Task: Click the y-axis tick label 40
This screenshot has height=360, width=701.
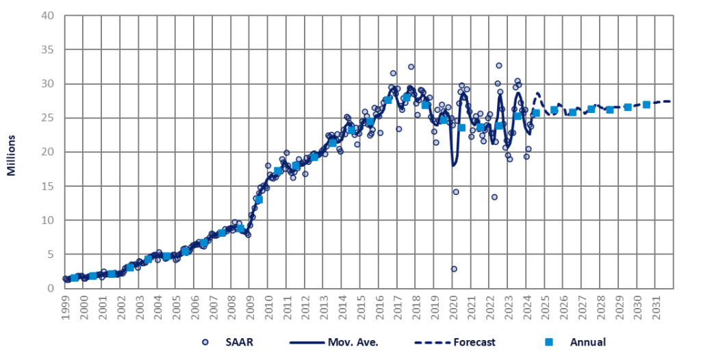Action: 49,16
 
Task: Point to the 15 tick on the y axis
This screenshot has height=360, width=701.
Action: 49,186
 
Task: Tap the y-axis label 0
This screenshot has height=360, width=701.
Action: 52,288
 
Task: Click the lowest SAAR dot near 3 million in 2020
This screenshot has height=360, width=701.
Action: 454,269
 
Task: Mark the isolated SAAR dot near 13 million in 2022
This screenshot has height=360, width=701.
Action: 494,197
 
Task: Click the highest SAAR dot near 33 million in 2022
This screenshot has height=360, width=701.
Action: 499,66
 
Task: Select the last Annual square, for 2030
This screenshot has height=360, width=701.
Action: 646,105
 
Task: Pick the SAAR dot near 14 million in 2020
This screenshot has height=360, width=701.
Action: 456,192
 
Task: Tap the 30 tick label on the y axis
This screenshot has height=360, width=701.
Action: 49,84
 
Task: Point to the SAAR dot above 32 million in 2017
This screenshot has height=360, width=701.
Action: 411,67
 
